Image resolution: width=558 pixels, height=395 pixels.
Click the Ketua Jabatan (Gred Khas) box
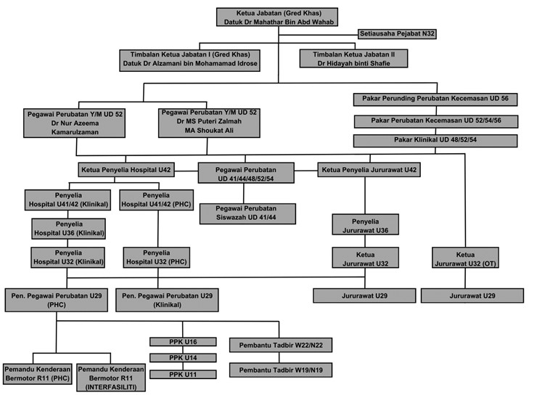tap(277, 17)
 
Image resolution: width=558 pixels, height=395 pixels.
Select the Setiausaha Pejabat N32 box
tap(397, 34)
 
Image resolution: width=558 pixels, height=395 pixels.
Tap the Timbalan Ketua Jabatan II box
tap(353, 58)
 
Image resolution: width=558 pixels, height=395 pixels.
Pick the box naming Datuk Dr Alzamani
tap(189, 60)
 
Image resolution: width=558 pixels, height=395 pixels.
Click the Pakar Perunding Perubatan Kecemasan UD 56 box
tap(435, 99)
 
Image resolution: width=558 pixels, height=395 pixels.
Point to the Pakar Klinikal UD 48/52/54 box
tap(435, 141)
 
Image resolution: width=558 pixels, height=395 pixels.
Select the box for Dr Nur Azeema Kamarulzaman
tap(75, 123)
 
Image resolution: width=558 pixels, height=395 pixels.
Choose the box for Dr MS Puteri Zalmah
tap(209, 123)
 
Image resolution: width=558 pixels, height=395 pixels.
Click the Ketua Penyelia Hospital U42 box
tap(126, 170)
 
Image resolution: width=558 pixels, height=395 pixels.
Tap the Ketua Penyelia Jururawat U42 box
tap(369, 170)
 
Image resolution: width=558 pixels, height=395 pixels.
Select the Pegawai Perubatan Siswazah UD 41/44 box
tap(247, 213)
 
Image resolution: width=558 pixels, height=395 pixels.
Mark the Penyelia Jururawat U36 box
tap(366, 224)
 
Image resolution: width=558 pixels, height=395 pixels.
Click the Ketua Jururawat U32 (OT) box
tap(465, 258)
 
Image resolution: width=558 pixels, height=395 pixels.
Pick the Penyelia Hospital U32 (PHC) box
tap(157, 258)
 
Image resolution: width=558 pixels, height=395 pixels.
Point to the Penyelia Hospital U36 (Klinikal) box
tap(69, 229)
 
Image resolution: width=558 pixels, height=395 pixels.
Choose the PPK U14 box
tap(183, 357)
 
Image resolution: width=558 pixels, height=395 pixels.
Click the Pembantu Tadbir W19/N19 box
tap(281, 370)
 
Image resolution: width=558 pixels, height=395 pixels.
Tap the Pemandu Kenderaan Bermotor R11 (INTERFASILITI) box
tap(111, 378)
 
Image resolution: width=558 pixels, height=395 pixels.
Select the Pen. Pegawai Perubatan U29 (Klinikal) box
tap(168, 301)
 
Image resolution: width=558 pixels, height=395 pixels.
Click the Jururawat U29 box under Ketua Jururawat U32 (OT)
tap(472, 296)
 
